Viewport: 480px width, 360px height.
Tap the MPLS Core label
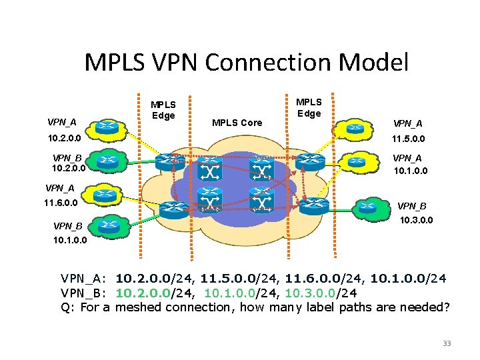pos(237,123)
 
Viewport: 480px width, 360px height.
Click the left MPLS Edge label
pos(163,110)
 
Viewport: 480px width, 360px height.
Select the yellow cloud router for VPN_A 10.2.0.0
pos(106,127)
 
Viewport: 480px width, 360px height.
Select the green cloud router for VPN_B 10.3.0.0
pos(367,207)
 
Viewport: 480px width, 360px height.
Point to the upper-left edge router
pos(167,162)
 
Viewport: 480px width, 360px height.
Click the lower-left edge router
pos(175,207)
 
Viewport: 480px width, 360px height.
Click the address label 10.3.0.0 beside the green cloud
pos(417,219)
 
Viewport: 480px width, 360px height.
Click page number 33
pos(447,343)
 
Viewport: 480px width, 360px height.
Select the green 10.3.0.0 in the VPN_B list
pos(311,293)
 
